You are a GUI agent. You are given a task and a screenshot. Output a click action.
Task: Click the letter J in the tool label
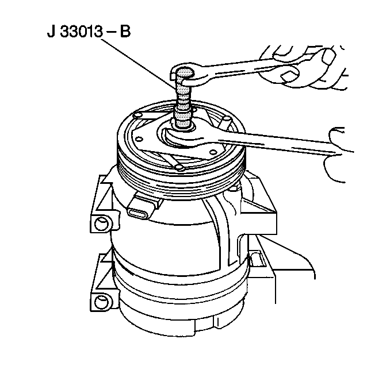pos(51,32)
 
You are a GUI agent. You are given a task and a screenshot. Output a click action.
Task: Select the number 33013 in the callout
pos(81,32)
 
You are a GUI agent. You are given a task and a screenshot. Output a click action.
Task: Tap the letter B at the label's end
pos(125,32)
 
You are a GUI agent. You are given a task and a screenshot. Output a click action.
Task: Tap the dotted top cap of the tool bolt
pos(184,72)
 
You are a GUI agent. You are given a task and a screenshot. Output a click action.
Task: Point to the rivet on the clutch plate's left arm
pos(137,115)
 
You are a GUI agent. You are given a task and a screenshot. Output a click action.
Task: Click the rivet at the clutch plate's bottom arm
pos(179,168)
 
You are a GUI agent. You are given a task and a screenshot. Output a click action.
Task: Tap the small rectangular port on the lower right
pos(255,259)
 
